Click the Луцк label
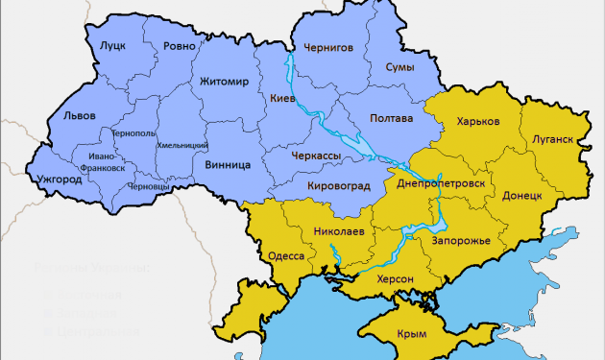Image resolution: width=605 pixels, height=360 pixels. tap(112, 46)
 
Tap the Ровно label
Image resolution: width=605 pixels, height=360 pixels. tap(180, 46)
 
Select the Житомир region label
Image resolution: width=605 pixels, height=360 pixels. tap(224, 83)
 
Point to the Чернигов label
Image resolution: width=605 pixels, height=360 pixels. tap(328, 46)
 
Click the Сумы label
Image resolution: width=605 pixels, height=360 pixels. tap(399, 67)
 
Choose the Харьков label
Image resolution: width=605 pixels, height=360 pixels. tap(478, 122)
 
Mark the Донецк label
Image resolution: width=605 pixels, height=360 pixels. tap(521, 195)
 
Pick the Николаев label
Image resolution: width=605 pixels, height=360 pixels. tap(339, 231)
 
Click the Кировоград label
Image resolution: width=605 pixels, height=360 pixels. tap(338, 185)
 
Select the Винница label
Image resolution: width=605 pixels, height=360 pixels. tap(228, 164)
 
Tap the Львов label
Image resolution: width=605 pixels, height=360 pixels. tap(79, 115)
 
